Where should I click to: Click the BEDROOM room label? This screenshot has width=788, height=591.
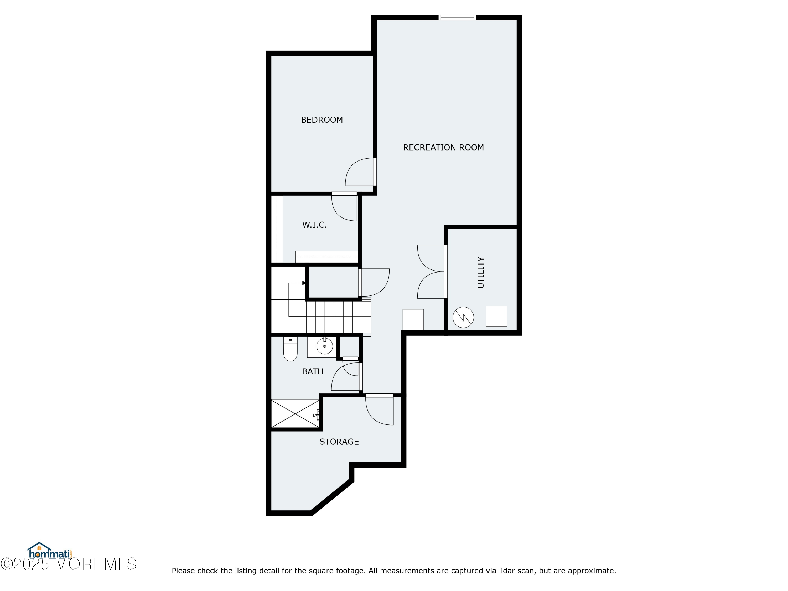coord(322,120)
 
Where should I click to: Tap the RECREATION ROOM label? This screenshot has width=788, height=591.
coord(443,147)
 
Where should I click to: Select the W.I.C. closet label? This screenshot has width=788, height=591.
coord(314,225)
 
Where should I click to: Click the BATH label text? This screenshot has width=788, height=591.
coord(312,372)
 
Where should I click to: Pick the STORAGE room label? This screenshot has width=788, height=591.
coord(339,442)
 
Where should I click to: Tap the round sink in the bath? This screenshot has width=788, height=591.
coord(325,346)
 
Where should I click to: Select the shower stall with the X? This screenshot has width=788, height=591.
coord(295,414)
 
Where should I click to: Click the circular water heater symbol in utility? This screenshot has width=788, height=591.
coord(463,317)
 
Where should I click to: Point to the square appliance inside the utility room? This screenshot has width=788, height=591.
coord(496,316)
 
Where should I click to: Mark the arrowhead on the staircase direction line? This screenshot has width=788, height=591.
coord(304,283)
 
